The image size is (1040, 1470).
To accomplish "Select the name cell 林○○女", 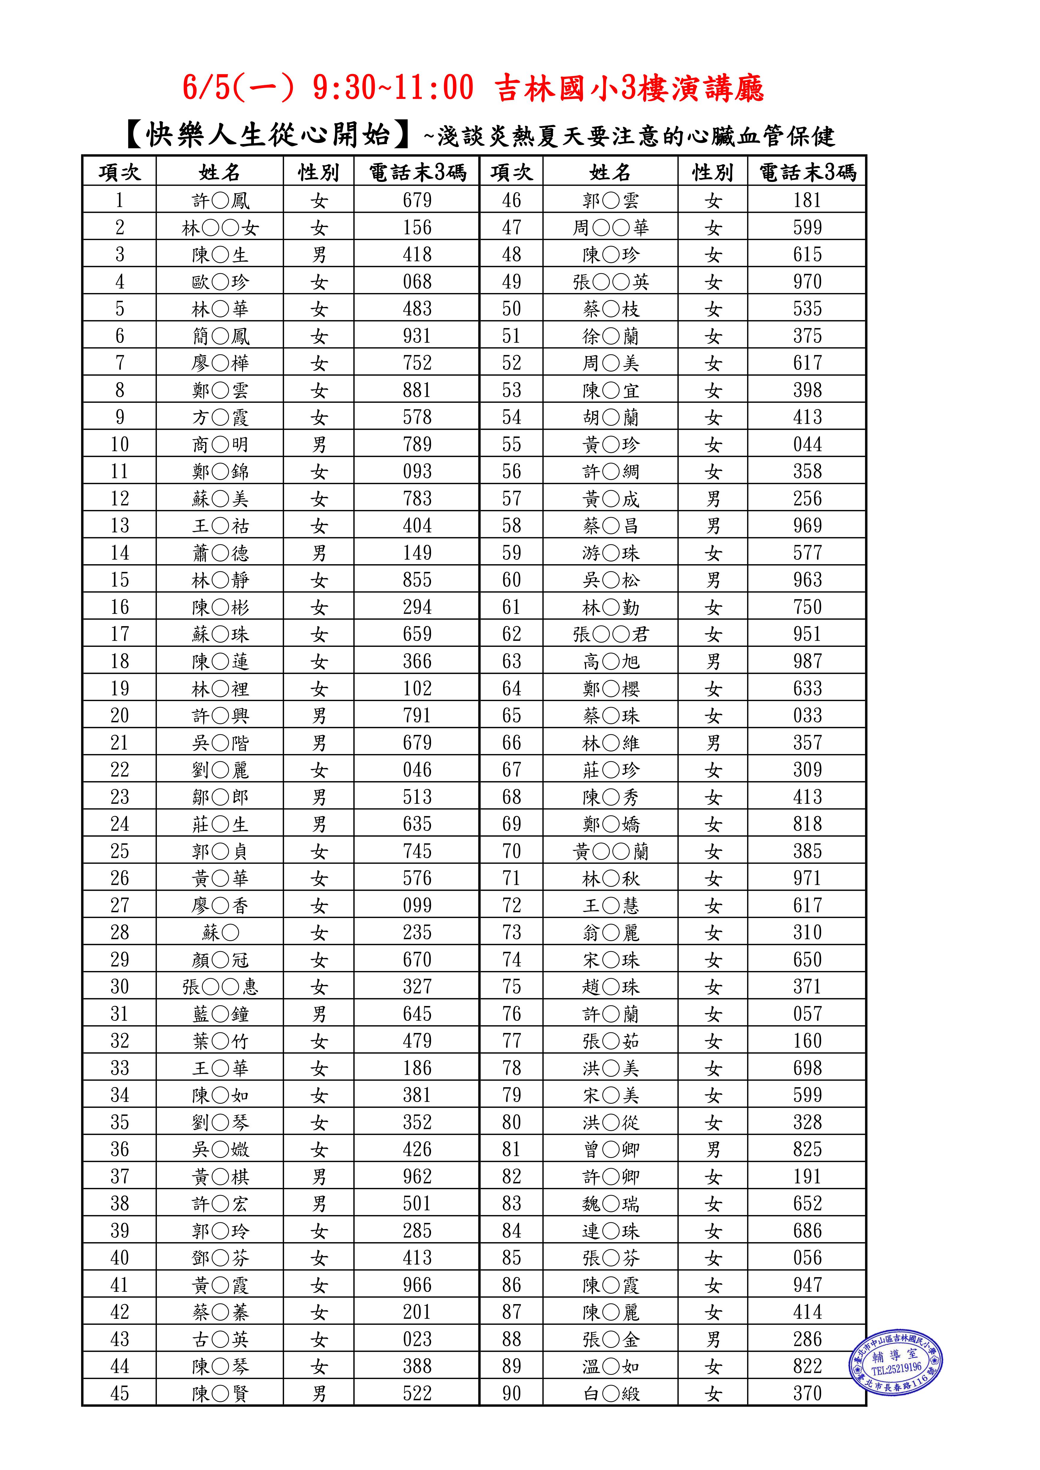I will coord(220,228).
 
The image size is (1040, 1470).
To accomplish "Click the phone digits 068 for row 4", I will coord(417,282).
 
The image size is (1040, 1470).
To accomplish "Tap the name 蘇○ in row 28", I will coord(220,933).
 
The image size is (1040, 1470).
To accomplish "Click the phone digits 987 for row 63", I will coord(807,661).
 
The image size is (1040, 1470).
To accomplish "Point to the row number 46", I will coord(511,200).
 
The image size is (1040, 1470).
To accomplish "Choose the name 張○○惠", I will coord(220,987).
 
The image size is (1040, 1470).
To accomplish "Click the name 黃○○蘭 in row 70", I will coord(611,852).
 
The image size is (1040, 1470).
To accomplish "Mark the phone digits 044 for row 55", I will coord(807,444).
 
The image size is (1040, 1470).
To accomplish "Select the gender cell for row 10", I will coord(319,444).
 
